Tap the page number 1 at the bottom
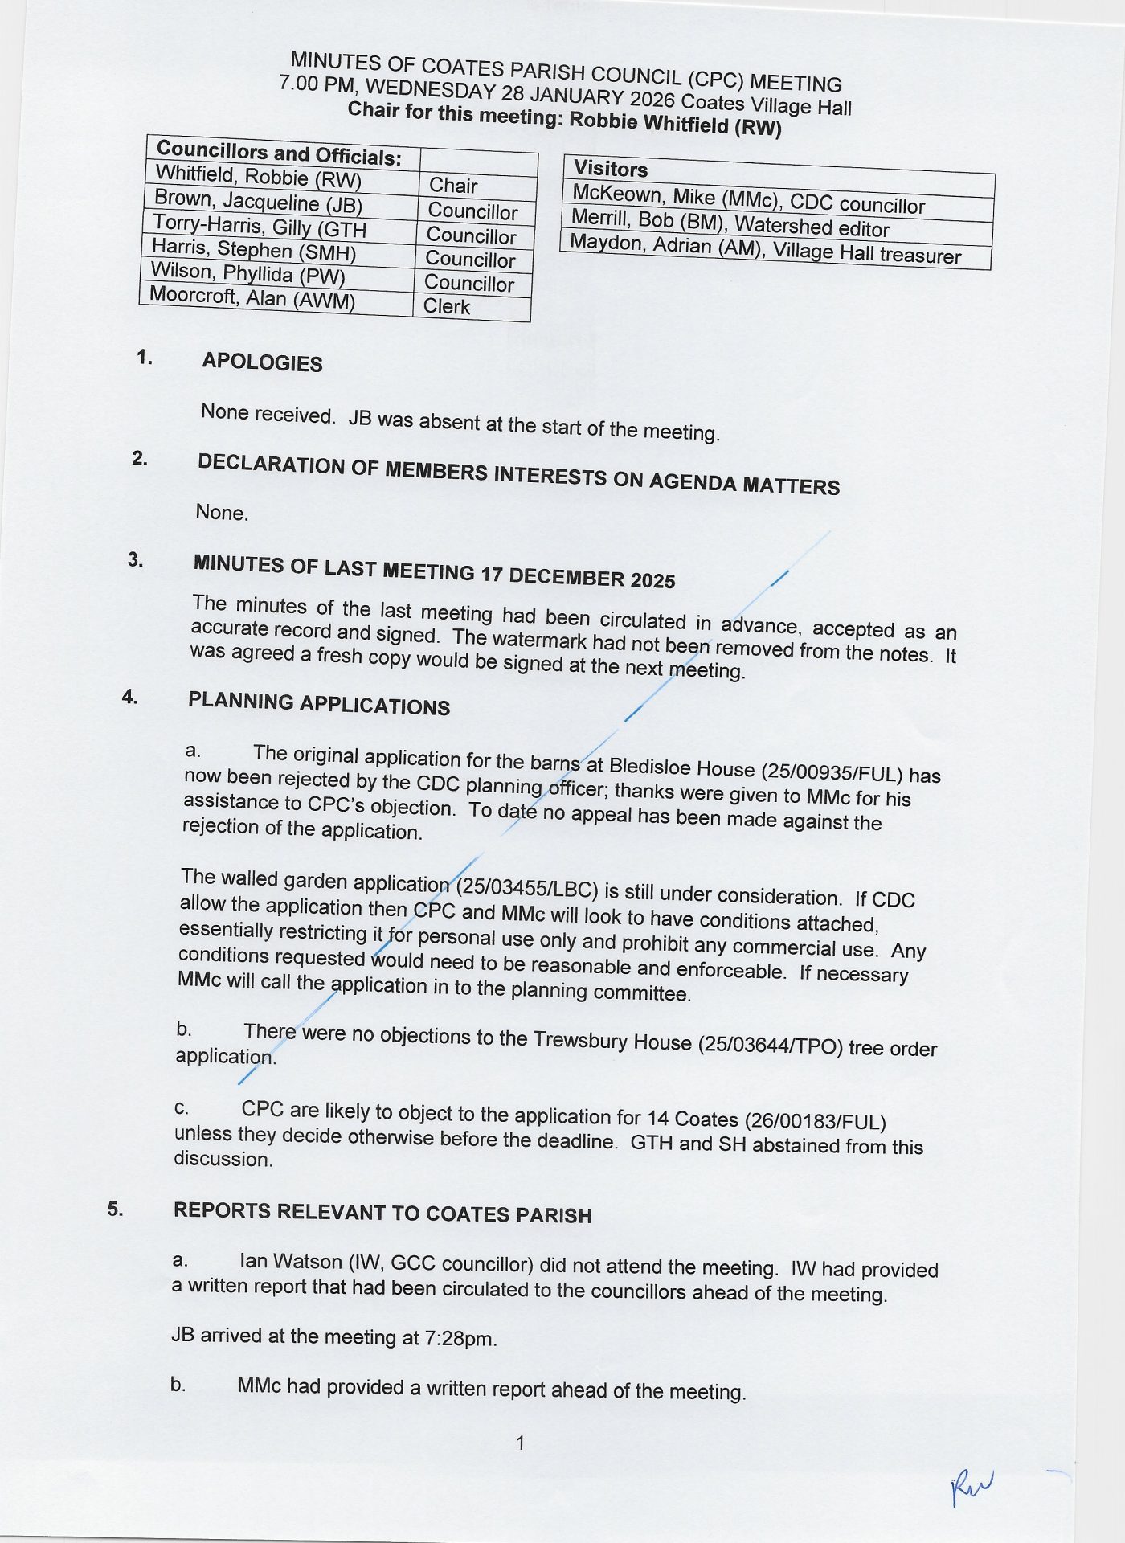pos(520,1443)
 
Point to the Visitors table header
pos(611,169)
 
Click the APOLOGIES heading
pos(262,362)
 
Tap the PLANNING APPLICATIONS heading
pos(319,704)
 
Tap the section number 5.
pos(116,1209)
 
